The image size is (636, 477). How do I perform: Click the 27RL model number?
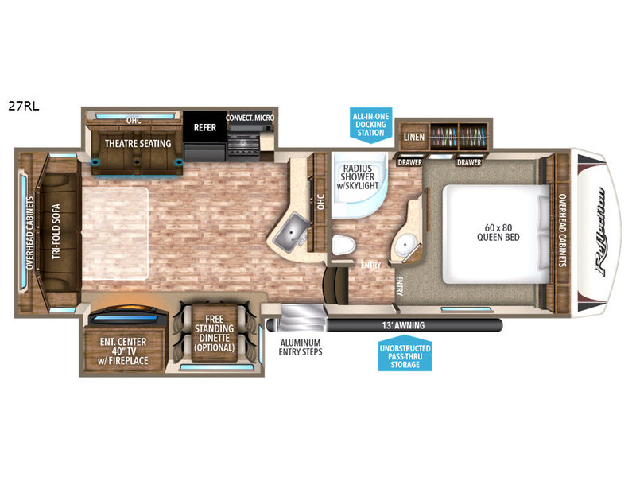click(24, 106)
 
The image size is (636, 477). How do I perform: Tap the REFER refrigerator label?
click(205, 127)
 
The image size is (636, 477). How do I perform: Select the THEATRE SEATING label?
click(138, 144)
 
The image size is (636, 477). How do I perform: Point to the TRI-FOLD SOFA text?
click(56, 231)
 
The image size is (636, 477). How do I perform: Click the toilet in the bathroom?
click(343, 245)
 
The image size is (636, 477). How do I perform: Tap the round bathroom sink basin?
click(405, 245)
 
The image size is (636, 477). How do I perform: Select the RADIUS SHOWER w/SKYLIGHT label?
click(357, 176)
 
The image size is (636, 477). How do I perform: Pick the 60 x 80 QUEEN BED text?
click(498, 232)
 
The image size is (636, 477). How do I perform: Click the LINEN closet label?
click(414, 137)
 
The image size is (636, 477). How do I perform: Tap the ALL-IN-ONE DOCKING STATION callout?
click(370, 125)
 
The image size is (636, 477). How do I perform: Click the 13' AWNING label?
click(403, 325)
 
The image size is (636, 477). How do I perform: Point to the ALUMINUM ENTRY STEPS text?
click(301, 347)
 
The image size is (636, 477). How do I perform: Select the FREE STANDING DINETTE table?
click(214, 333)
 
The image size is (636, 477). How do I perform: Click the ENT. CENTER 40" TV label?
click(123, 347)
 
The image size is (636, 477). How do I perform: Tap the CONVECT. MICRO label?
click(250, 118)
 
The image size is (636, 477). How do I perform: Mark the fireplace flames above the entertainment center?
click(128, 309)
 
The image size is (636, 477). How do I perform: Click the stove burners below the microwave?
click(243, 143)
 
